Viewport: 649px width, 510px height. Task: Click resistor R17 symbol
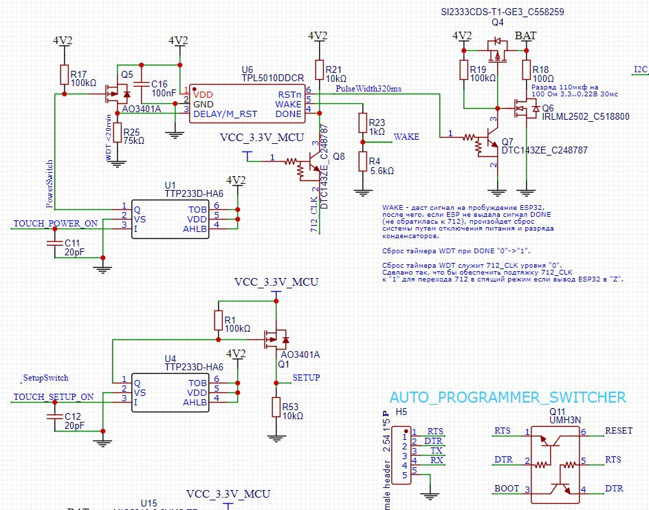tap(64, 74)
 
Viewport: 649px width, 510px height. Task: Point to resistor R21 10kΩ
tap(319, 70)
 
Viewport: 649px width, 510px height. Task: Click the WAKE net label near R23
tap(406, 137)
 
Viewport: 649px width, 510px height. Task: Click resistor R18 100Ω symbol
tap(527, 70)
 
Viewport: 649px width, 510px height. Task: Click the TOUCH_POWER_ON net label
tap(55, 224)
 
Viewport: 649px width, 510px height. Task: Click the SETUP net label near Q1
tap(306, 377)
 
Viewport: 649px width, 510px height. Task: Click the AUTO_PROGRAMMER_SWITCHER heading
tap(507, 397)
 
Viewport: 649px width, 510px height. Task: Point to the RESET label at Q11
tap(619, 431)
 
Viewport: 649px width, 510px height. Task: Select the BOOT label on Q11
tap(507, 489)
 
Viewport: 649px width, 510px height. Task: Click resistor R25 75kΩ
tap(117, 133)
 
